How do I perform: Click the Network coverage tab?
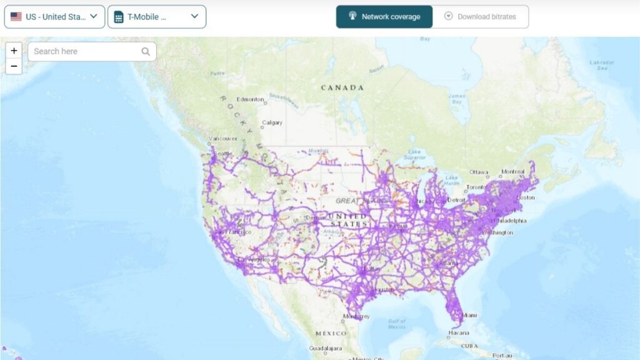(x=384, y=17)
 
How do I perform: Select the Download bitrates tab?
(x=480, y=17)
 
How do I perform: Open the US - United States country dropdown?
(x=54, y=17)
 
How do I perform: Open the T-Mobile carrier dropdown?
(x=156, y=17)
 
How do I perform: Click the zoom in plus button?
(x=14, y=51)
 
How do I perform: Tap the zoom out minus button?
(x=14, y=66)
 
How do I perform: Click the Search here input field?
(x=84, y=51)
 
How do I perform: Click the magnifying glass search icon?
(x=146, y=51)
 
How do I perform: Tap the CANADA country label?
(x=342, y=87)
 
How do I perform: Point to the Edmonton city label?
(x=250, y=99)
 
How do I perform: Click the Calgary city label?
(x=272, y=122)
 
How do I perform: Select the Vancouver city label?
(x=222, y=139)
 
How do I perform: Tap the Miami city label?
(x=469, y=315)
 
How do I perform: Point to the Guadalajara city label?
(x=326, y=348)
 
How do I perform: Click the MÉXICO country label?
(x=331, y=333)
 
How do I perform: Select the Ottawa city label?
(x=479, y=172)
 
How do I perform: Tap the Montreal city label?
(x=513, y=171)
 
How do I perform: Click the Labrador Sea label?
(x=602, y=65)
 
